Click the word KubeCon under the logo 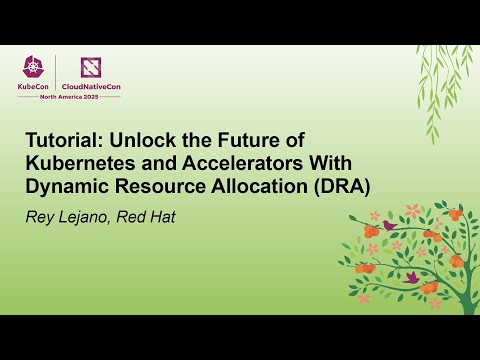tap(36, 87)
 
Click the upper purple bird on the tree tap(389, 225)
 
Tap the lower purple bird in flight tap(410, 276)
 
